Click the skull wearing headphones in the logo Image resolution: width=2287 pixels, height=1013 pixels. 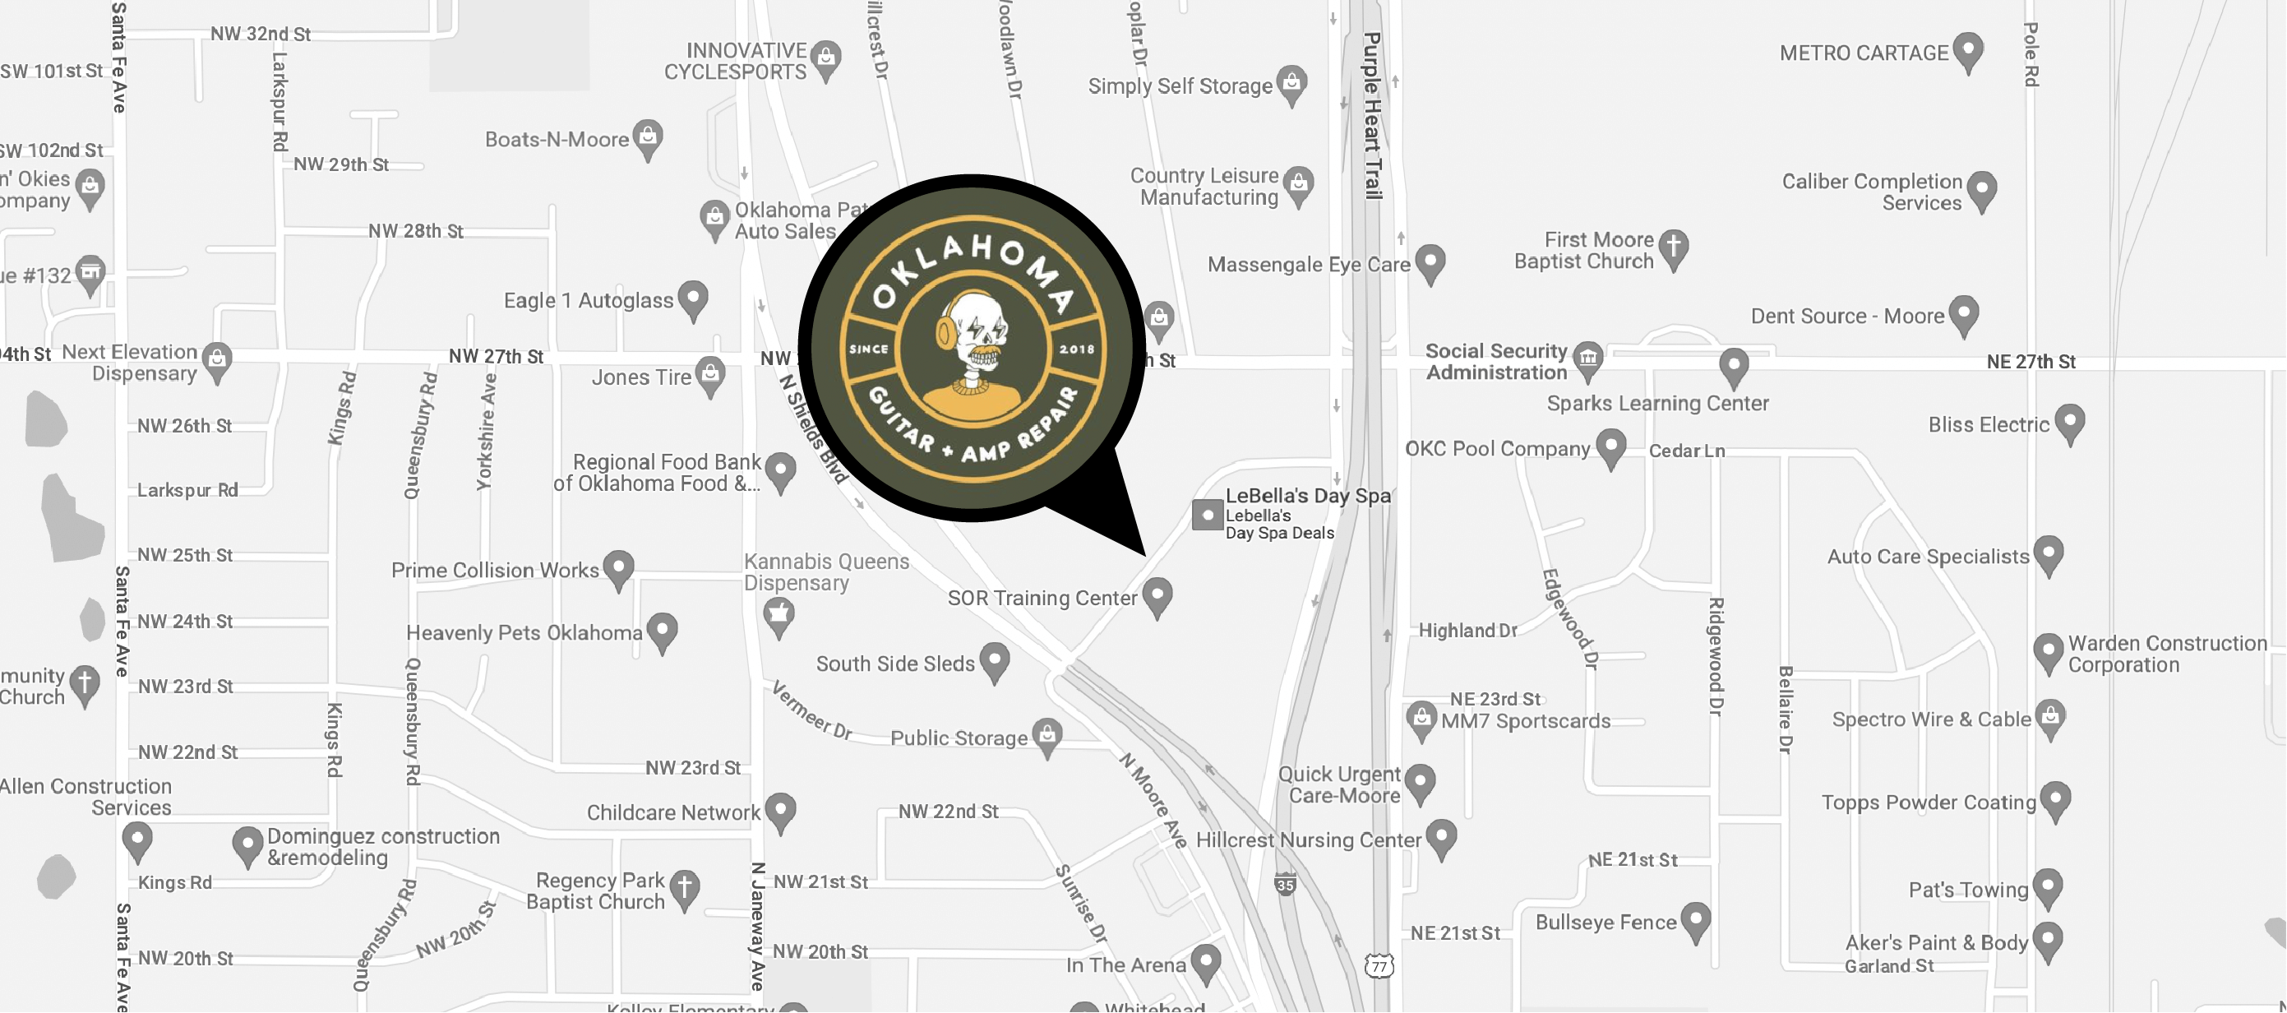click(973, 337)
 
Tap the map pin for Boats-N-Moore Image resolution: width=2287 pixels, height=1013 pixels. click(648, 137)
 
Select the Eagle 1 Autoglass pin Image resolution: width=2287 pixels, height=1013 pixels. click(692, 298)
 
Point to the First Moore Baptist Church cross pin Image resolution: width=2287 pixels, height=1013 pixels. click(1673, 247)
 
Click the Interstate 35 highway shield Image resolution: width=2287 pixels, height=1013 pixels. click(1285, 884)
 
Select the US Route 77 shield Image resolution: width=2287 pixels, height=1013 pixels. click(1379, 966)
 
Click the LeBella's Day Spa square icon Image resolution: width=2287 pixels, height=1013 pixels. click(1208, 515)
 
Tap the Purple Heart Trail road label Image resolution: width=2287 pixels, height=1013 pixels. click(1373, 115)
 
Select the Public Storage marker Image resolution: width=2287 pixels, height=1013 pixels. click(1047, 735)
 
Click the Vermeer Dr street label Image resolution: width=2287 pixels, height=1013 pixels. click(811, 711)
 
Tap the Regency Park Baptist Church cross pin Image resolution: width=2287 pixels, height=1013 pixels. click(684, 887)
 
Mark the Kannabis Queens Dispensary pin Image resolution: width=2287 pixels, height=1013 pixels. click(779, 613)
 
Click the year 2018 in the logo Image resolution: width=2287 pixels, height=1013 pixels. click(1076, 349)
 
